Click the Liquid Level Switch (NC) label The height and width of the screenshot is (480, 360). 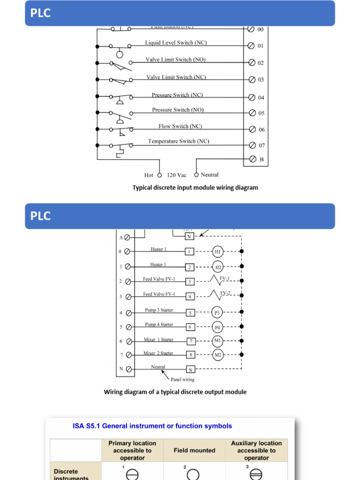[176, 43]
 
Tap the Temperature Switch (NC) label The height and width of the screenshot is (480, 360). [179, 141]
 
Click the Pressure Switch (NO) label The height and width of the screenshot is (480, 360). [178, 110]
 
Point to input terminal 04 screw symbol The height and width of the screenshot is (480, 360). [252, 97]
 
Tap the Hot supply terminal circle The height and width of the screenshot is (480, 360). [159, 175]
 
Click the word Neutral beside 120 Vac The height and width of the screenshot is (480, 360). [210, 175]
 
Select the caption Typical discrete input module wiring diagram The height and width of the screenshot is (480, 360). [195, 187]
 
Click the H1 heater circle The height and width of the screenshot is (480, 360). [218, 252]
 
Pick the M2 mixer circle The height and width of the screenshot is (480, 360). [218, 355]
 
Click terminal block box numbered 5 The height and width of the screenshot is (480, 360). [190, 313]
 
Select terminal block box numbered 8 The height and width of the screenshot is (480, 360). [191, 355]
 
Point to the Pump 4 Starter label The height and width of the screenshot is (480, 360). [159, 324]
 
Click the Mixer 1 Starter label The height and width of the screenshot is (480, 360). [158, 339]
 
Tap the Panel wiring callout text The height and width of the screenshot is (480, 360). [182, 379]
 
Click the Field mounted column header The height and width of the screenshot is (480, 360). [195, 450]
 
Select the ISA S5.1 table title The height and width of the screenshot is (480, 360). [152, 426]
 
